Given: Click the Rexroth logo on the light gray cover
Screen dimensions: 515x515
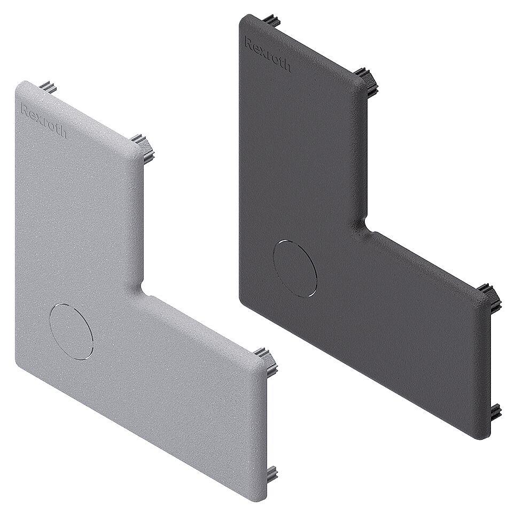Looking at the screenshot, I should (43, 121).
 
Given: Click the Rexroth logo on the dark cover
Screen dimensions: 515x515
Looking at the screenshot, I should (267, 54).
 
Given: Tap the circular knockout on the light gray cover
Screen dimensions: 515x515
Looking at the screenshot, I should (71, 330).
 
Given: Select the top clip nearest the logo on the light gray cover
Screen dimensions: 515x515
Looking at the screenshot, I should (50, 86).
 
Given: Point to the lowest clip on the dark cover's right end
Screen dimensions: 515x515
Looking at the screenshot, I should (495, 411).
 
